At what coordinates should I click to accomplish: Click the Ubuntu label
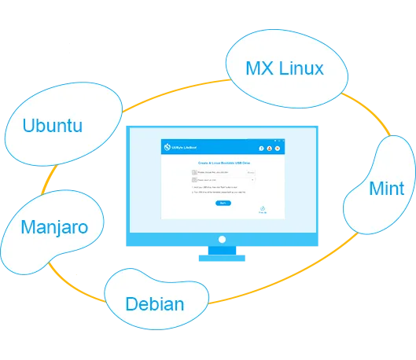pos(53,126)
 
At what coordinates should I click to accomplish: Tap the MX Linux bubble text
pos(284,68)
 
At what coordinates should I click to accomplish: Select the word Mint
pos(386,189)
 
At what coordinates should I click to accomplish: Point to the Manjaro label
pos(53,228)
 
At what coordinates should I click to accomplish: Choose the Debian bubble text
pos(155,304)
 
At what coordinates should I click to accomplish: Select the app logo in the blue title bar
pos(166,147)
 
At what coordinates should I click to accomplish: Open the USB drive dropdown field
pos(228,179)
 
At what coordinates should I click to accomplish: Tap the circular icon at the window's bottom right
pos(263,208)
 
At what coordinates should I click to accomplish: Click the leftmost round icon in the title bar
pos(261,148)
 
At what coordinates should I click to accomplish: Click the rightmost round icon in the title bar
pos(277,148)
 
